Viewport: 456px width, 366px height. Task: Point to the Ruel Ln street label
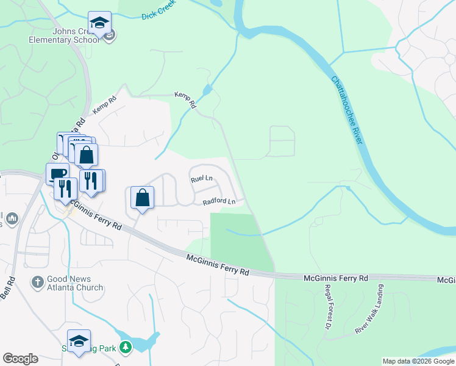(201, 179)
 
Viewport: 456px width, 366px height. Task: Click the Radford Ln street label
(219, 201)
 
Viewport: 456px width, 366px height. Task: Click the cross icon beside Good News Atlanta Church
(37, 282)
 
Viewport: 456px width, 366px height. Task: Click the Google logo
(20, 359)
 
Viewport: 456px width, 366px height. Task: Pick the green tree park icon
(126, 348)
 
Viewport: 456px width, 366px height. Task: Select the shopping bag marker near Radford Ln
(142, 198)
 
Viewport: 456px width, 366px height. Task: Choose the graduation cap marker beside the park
(79, 341)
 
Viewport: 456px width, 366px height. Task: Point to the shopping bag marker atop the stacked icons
(87, 154)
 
